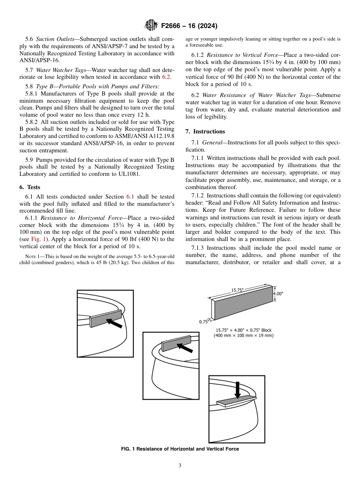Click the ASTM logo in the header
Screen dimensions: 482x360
click(152, 26)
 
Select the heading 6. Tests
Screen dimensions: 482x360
click(30, 187)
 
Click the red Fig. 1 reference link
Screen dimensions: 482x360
click(38, 239)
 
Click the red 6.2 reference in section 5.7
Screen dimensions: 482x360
click(166, 77)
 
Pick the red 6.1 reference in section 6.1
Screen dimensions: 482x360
click(130, 197)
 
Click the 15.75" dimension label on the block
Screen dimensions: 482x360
click(238, 291)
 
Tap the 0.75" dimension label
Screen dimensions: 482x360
click(204, 322)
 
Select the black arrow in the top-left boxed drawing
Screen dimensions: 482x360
click(114, 323)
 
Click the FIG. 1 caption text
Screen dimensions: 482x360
click(180, 449)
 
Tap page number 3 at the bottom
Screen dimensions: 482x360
click(180, 466)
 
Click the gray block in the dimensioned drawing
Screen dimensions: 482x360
click(243, 307)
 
